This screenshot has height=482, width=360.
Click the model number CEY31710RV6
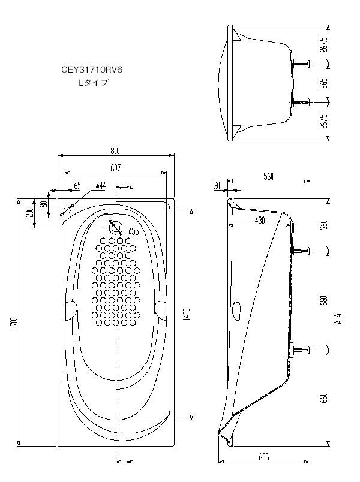point(91,70)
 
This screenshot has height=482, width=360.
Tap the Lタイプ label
point(94,83)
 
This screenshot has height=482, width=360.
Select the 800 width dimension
point(115,150)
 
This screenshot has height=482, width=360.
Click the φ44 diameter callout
point(100,186)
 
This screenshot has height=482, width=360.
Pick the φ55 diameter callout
point(133,231)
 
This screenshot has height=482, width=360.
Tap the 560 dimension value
point(268,177)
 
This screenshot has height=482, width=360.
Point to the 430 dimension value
point(259,221)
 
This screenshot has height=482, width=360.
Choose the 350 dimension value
point(324,225)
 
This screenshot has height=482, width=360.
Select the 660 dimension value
point(324,397)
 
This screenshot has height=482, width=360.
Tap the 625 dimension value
point(264,457)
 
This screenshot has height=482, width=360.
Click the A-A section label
point(340,318)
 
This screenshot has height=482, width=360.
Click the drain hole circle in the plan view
point(116,227)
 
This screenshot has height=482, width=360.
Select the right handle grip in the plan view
point(161,308)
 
